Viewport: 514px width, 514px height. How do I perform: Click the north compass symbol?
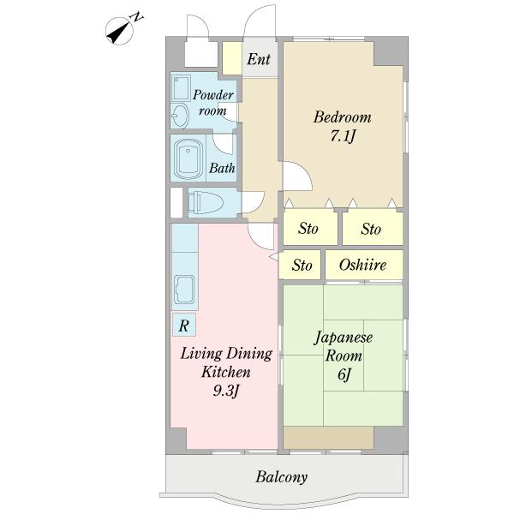[x=120, y=31]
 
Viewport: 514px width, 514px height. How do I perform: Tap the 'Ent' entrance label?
[x=259, y=59]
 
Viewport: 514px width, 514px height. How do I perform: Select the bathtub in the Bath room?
[x=188, y=159]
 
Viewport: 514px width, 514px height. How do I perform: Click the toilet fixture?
[x=206, y=202]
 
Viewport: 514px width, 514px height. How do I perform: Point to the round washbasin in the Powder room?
[x=180, y=116]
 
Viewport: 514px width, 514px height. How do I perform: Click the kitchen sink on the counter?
[x=184, y=290]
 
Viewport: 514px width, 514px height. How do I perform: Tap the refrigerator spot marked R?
[x=184, y=325]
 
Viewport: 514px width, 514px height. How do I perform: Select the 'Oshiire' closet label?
[x=363, y=265]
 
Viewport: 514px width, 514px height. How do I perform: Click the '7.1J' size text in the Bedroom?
[x=343, y=136]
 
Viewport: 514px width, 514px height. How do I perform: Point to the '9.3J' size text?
[x=226, y=391]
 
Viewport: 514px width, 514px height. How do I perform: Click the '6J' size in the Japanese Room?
[x=344, y=374]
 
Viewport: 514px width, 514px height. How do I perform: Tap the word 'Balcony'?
[x=282, y=477]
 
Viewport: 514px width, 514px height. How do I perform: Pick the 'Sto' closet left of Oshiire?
[x=302, y=265]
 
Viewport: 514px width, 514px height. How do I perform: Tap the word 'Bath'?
[x=222, y=168]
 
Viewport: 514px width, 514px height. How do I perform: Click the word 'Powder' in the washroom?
[x=213, y=95]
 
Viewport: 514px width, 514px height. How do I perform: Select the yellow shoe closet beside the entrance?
[x=232, y=58]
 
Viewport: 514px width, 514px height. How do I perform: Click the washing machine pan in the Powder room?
[x=181, y=88]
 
